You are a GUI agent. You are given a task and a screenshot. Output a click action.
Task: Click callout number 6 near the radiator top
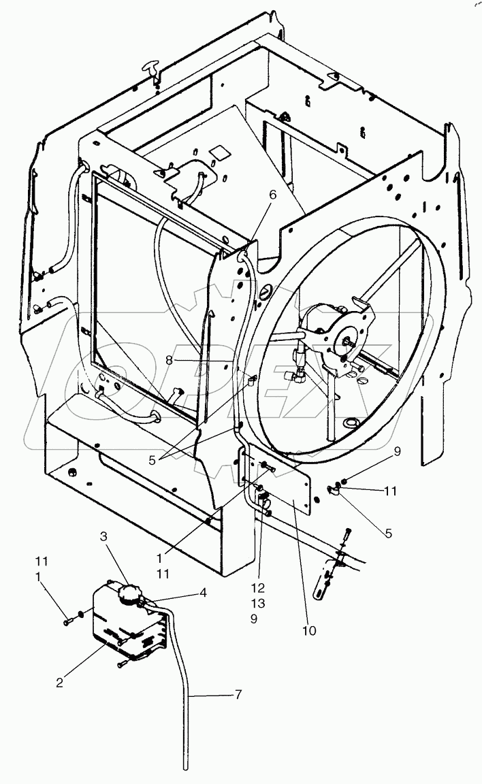[x=273, y=195]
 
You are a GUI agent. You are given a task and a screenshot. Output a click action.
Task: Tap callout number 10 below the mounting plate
[x=310, y=630]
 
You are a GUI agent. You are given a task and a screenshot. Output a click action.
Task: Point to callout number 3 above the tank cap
[x=104, y=536]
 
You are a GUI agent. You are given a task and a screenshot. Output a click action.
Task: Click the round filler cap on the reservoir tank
[x=129, y=594]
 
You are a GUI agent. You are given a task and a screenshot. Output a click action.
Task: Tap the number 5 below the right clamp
[x=388, y=534]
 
